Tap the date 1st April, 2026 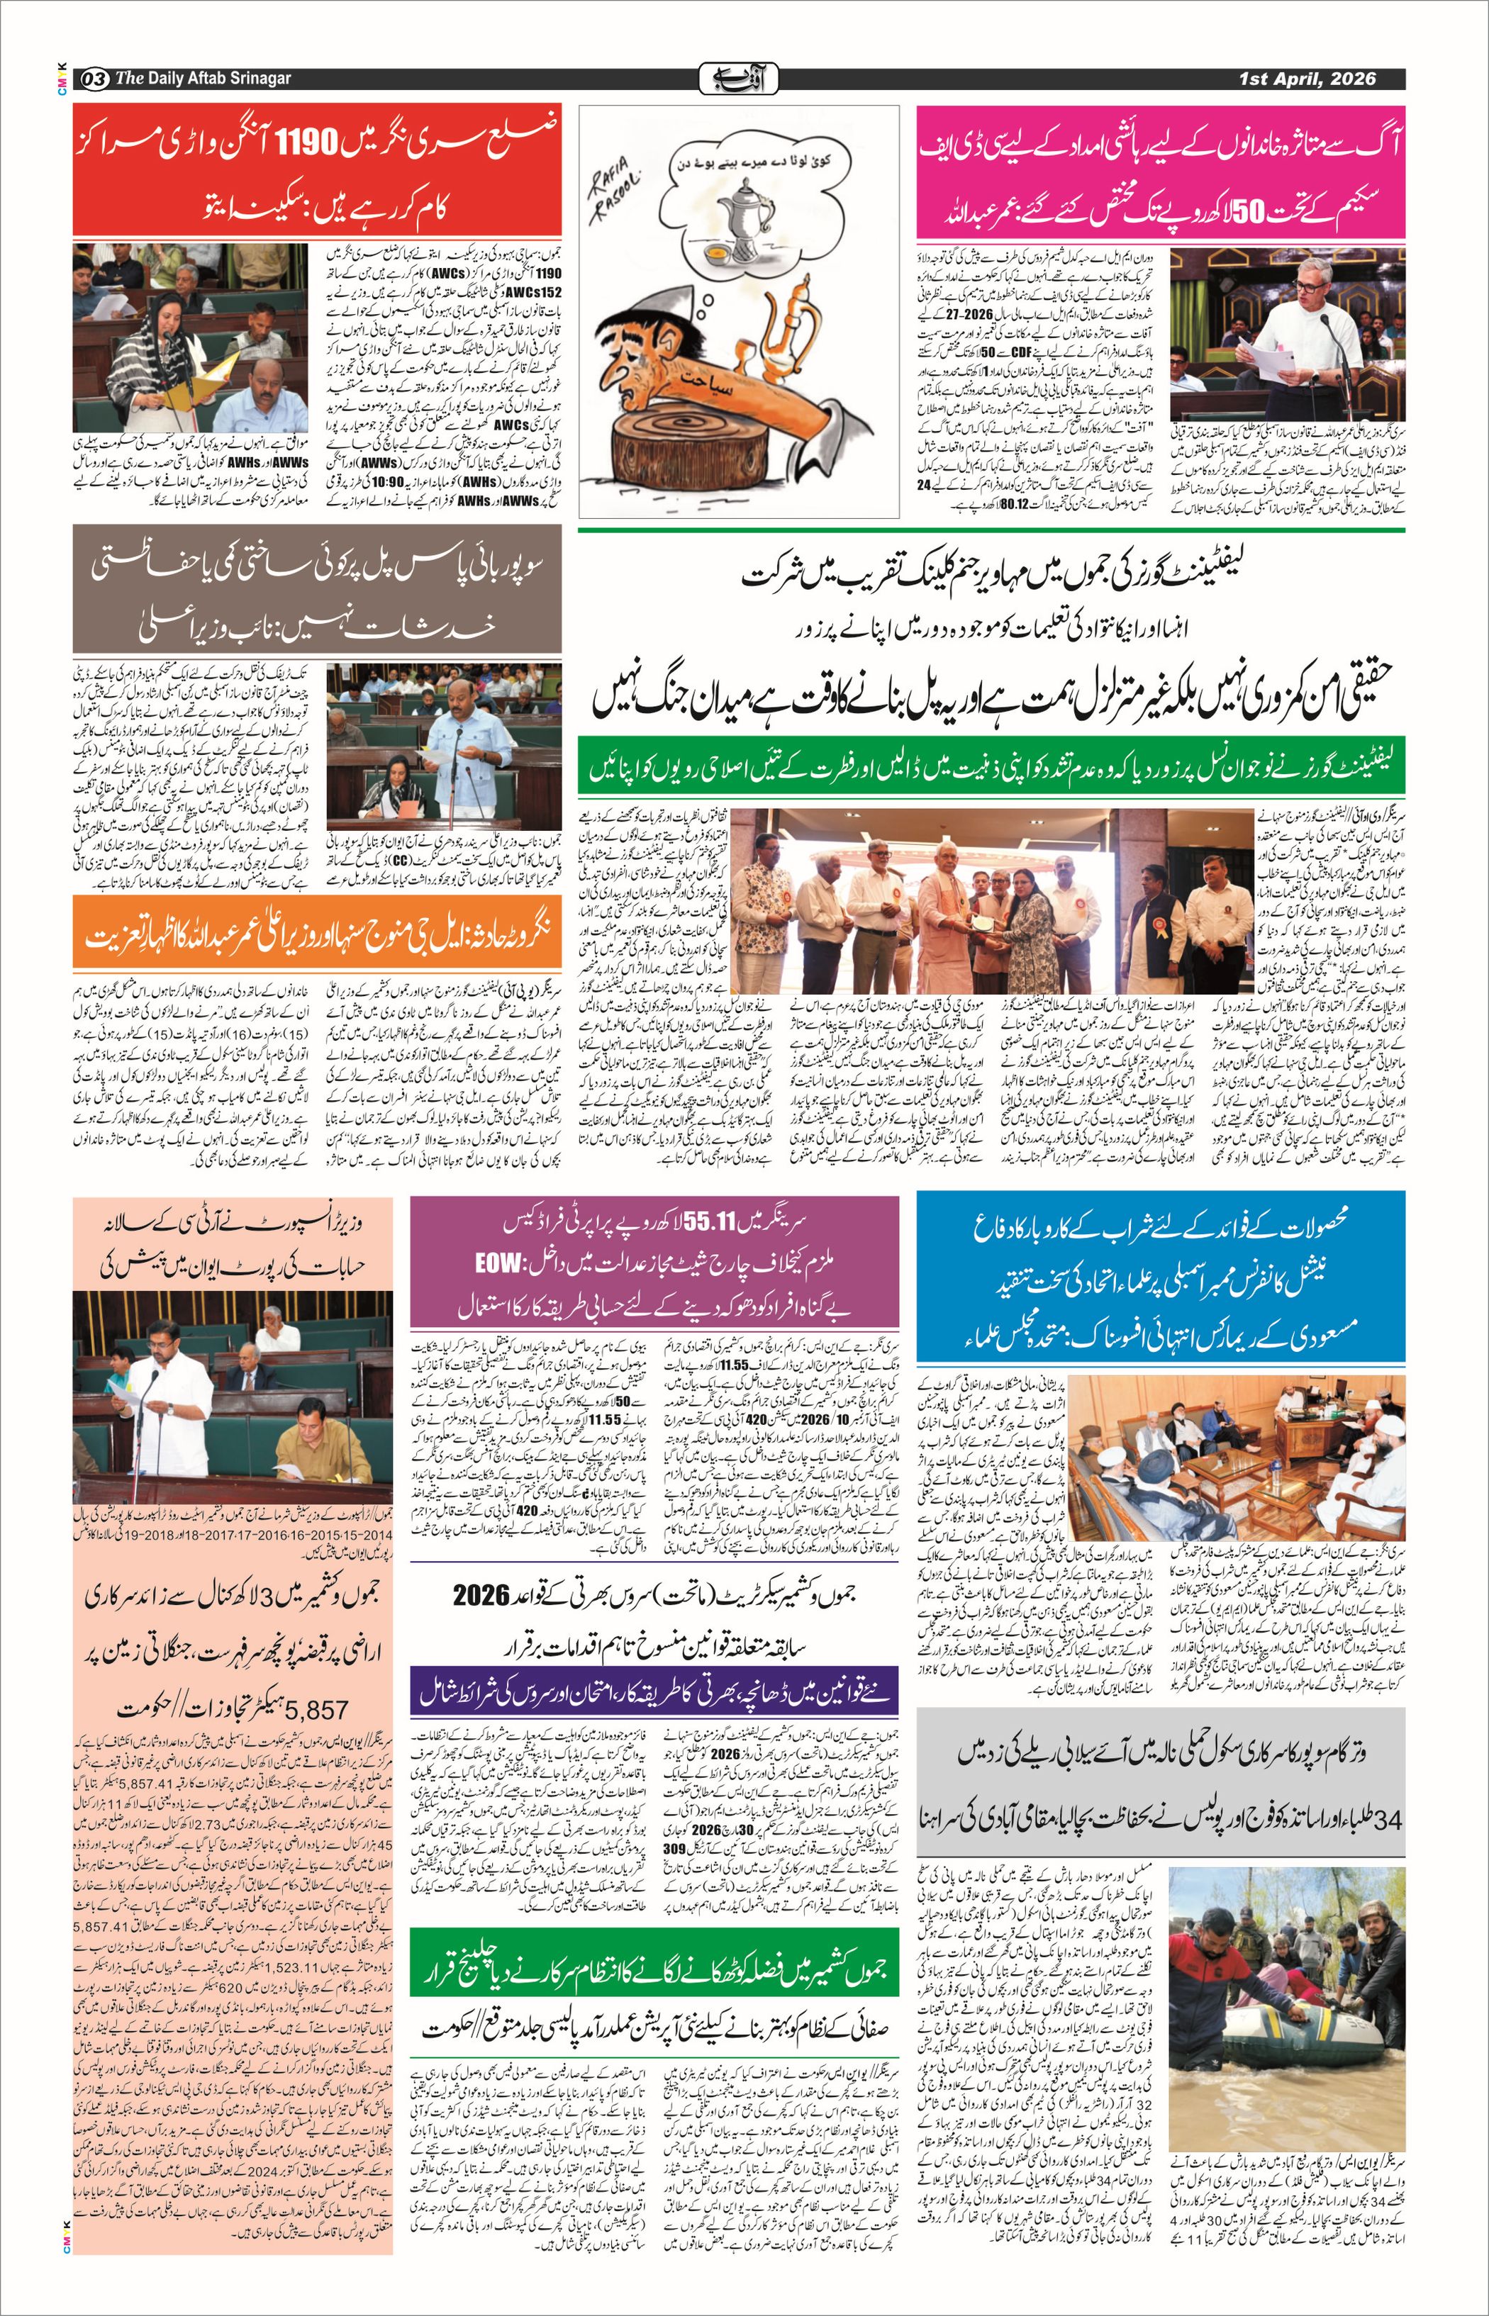[1307, 78]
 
